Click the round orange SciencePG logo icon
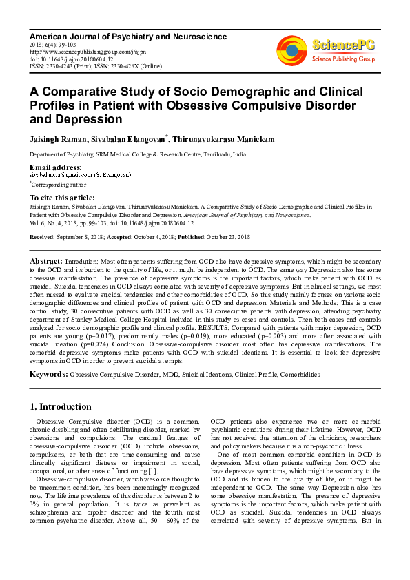click(x=292, y=49)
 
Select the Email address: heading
click(x=55, y=167)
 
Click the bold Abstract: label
click(x=46, y=262)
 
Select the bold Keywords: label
click(x=48, y=374)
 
